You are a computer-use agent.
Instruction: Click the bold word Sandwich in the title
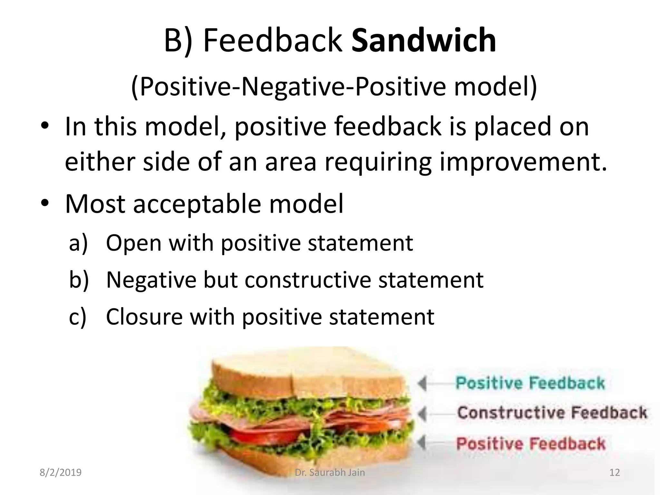pos(423,41)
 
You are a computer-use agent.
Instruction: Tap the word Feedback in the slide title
pos(273,41)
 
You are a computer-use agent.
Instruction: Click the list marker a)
pos(78,243)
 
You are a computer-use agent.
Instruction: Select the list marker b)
pos(79,280)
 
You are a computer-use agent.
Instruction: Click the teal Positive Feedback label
pos(530,383)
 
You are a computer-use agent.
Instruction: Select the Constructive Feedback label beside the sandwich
pos(552,413)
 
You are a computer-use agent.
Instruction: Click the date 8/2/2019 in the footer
pos(61,473)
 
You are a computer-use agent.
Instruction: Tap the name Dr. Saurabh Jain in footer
pos(330,473)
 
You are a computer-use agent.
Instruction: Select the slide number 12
pos(615,473)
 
